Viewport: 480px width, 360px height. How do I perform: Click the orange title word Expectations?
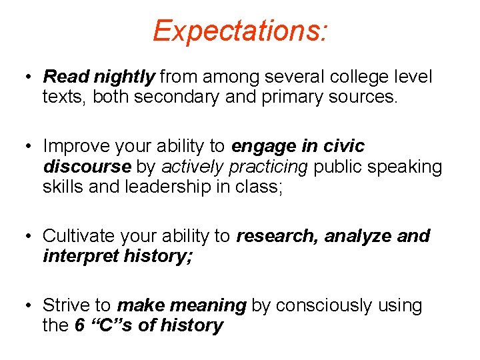tap(239, 31)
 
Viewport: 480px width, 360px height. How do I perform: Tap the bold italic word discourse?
tap(87, 166)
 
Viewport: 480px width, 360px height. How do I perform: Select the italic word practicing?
tap(268, 167)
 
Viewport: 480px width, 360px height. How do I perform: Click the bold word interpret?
tap(80, 256)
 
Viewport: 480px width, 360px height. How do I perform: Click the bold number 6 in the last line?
tap(79, 326)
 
